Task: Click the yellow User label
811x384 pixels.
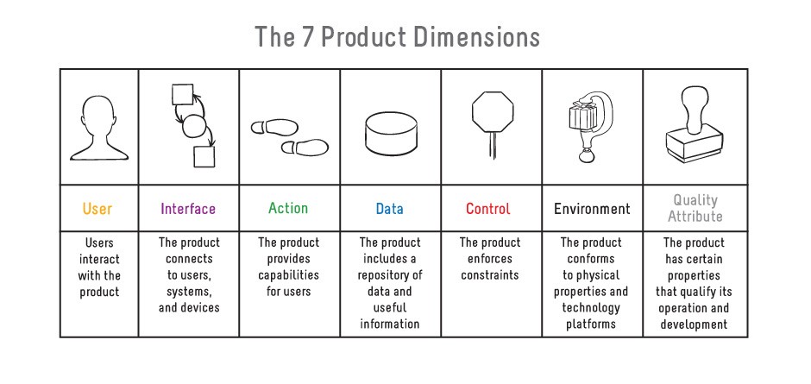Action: (x=97, y=209)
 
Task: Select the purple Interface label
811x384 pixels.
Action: (x=188, y=209)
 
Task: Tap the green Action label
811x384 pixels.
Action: (x=288, y=208)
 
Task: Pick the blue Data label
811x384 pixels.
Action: (x=389, y=209)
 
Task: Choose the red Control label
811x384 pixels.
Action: (x=488, y=209)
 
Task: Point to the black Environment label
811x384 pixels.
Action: (x=592, y=209)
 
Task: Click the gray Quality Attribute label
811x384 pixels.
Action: (x=695, y=208)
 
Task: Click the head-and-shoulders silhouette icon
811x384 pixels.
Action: (x=99, y=128)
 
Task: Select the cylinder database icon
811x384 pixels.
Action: (x=391, y=133)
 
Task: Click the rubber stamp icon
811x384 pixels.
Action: (x=695, y=124)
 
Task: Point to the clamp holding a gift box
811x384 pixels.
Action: (x=589, y=126)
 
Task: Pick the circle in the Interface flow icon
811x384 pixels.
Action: (x=194, y=126)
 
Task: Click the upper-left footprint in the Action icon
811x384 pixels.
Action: (x=274, y=128)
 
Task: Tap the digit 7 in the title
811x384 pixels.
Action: (x=306, y=37)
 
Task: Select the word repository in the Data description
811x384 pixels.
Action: (x=390, y=274)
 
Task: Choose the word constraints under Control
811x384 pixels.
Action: (x=490, y=274)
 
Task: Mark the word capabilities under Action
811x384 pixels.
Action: (x=289, y=274)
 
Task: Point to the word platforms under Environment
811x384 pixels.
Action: (x=591, y=324)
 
